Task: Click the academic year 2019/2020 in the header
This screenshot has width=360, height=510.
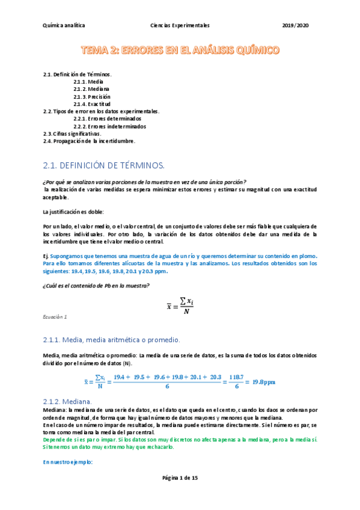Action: (x=295, y=26)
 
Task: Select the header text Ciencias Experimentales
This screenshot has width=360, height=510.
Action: (x=180, y=26)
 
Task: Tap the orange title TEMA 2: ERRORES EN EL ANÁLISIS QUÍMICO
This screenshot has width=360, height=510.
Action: (x=180, y=51)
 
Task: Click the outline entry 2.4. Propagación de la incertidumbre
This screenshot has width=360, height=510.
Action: (x=89, y=141)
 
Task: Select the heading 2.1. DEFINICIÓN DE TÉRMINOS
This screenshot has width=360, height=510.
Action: (x=103, y=165)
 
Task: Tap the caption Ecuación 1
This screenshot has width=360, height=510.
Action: (x=55, y=316)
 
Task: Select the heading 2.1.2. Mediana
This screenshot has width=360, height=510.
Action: (x=67, y=401)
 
